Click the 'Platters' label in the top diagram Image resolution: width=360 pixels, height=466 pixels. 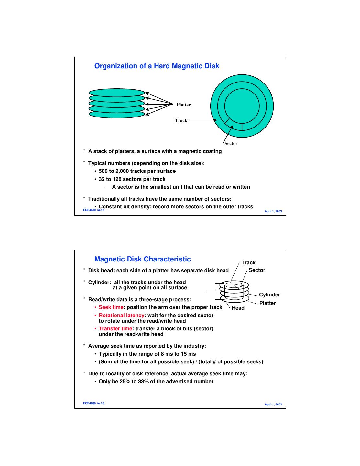pos(184,105)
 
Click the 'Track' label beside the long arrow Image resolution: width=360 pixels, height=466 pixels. pos(181,120)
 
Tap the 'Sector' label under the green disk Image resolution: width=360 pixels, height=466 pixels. pos(231,143)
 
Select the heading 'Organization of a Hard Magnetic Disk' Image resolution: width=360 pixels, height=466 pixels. pos(157,66)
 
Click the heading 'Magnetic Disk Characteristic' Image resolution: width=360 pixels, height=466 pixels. pos(142,259)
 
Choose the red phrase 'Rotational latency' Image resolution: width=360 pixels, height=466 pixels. pos(121,316)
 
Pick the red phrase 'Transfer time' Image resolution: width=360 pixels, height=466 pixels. pos(115,329)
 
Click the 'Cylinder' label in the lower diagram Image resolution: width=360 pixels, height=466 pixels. pos(269,294)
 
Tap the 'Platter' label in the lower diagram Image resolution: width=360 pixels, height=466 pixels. pos(267,303)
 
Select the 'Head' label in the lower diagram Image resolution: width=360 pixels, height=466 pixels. pos(238,308)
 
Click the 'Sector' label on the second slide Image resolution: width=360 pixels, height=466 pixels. pos(257,270)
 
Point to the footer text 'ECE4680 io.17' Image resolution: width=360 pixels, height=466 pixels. pos(93,210)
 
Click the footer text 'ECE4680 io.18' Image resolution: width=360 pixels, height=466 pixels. pos(93,403)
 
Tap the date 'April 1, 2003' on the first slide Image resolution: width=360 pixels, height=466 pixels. pos(273,211)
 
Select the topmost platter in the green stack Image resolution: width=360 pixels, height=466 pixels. pos(116,92)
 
